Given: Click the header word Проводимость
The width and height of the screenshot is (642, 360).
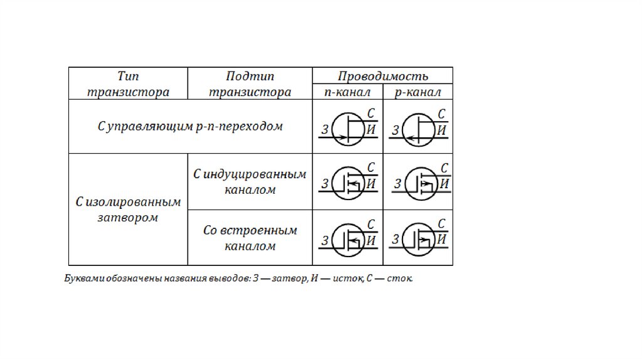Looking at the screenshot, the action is [382, 77].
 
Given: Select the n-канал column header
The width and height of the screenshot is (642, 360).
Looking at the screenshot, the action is [347, 92].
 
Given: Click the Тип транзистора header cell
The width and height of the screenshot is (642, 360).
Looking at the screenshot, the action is [128, 84].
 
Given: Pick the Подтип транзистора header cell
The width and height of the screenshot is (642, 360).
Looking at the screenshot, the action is [250, 84].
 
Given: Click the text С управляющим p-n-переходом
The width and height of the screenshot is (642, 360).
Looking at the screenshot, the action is [190, 126].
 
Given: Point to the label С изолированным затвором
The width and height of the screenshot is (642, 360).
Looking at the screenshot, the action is [128, 209].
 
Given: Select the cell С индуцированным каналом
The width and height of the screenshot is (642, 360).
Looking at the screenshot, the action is [250, 182].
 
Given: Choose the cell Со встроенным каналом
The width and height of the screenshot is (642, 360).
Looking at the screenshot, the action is [250, 238].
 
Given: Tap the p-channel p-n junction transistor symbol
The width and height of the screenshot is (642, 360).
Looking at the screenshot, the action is [418, 129].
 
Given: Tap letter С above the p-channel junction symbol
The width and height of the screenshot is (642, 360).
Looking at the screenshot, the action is [443, 114].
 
